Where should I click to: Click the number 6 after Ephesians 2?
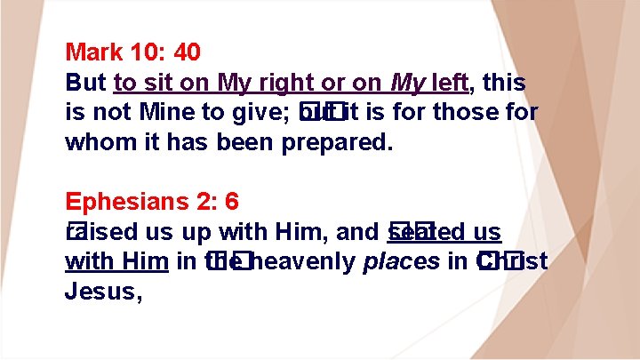(x=232, y=202)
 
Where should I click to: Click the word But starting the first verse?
(x=87, y=84)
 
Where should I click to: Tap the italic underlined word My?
(x=406, y=84)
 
